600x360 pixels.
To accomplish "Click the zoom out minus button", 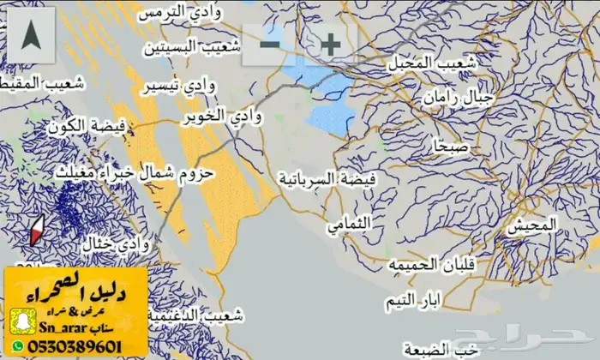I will click(x=270, y=44).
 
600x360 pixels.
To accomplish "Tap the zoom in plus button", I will click(x=329, y=44).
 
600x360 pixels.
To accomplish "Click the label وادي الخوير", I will click(x=214, y=116).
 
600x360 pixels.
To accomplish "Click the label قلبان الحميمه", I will click(x=430, y=263).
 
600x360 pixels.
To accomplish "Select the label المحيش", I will click(x=531, y=227).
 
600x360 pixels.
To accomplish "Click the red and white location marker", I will click(x=37, y=231).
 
